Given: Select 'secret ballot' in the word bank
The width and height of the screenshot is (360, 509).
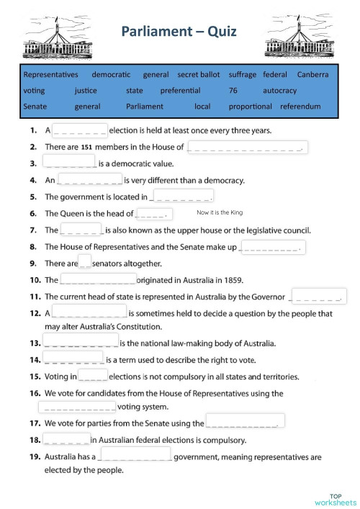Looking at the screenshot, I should point(199,74).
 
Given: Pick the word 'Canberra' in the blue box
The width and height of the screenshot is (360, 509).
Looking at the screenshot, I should point(312,74).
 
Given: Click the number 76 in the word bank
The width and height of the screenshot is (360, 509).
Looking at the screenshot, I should point(233,91).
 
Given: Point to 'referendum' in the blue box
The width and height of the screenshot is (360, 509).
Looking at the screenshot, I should point(300,107).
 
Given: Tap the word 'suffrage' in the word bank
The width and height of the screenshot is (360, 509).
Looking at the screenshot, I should point(242,74).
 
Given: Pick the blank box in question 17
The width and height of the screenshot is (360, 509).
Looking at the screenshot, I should point(245,421).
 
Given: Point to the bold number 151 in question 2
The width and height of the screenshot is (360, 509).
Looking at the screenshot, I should point(86,148).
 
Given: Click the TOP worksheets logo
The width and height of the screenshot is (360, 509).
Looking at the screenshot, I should point(334,499).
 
